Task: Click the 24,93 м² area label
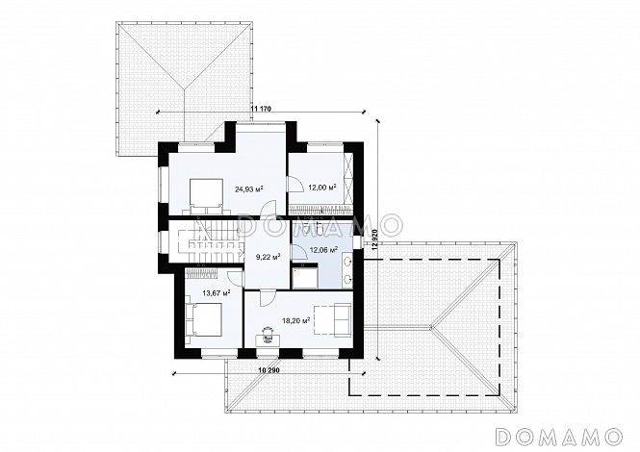(x=248, y=188)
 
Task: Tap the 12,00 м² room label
(x=322, y=188)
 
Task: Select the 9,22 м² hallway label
(x=268, y=257)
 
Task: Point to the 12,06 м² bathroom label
(x=324, y=250)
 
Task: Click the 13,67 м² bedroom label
(x=217, y=292)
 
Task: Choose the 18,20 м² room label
(x=295, y=320)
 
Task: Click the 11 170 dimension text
(x=261, y=109)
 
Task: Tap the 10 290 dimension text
(x=269, y=369)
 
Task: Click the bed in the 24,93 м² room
(x=206, y=196)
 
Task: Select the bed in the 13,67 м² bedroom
(x=203, y=319)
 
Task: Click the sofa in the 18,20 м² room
(x=342, y=320)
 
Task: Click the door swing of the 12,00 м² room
(x=294, y=183)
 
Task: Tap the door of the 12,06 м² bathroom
(x=300, y=250)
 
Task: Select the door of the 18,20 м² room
(x=267, y=298)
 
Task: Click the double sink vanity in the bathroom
(x=347, y=269)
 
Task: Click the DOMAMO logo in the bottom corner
(x=558, y=437)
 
